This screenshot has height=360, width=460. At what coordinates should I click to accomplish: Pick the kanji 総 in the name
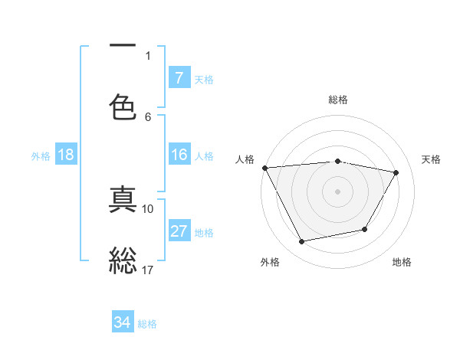click(123, 258)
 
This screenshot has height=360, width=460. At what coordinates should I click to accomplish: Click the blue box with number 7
click(179, 77)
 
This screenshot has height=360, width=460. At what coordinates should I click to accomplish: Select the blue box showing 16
click(179, 155)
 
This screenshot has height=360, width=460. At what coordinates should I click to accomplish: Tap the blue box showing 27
click(179, 231)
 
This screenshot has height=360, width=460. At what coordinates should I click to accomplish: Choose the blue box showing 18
click(66, 155)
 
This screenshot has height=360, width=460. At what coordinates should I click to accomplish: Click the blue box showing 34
click(122, 322)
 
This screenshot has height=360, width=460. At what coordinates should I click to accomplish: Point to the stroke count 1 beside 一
click(148, 55)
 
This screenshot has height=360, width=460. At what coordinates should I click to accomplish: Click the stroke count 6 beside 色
click(148, 116)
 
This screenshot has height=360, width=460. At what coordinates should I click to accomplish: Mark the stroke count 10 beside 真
click(148, 208)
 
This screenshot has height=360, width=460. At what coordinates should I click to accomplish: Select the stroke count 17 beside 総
click(148, 270)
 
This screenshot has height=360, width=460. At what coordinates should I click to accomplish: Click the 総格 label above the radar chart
click(337, 100)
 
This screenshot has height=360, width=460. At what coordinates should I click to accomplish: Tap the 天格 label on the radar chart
click(431, 159)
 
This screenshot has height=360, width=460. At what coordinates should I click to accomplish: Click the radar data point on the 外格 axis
click(302, 242)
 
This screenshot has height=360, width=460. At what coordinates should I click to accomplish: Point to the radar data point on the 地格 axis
click(365, 229)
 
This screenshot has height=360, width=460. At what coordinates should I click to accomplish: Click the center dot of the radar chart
click(337, 191)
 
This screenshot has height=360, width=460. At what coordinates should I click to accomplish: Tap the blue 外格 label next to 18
click(41, 155)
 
